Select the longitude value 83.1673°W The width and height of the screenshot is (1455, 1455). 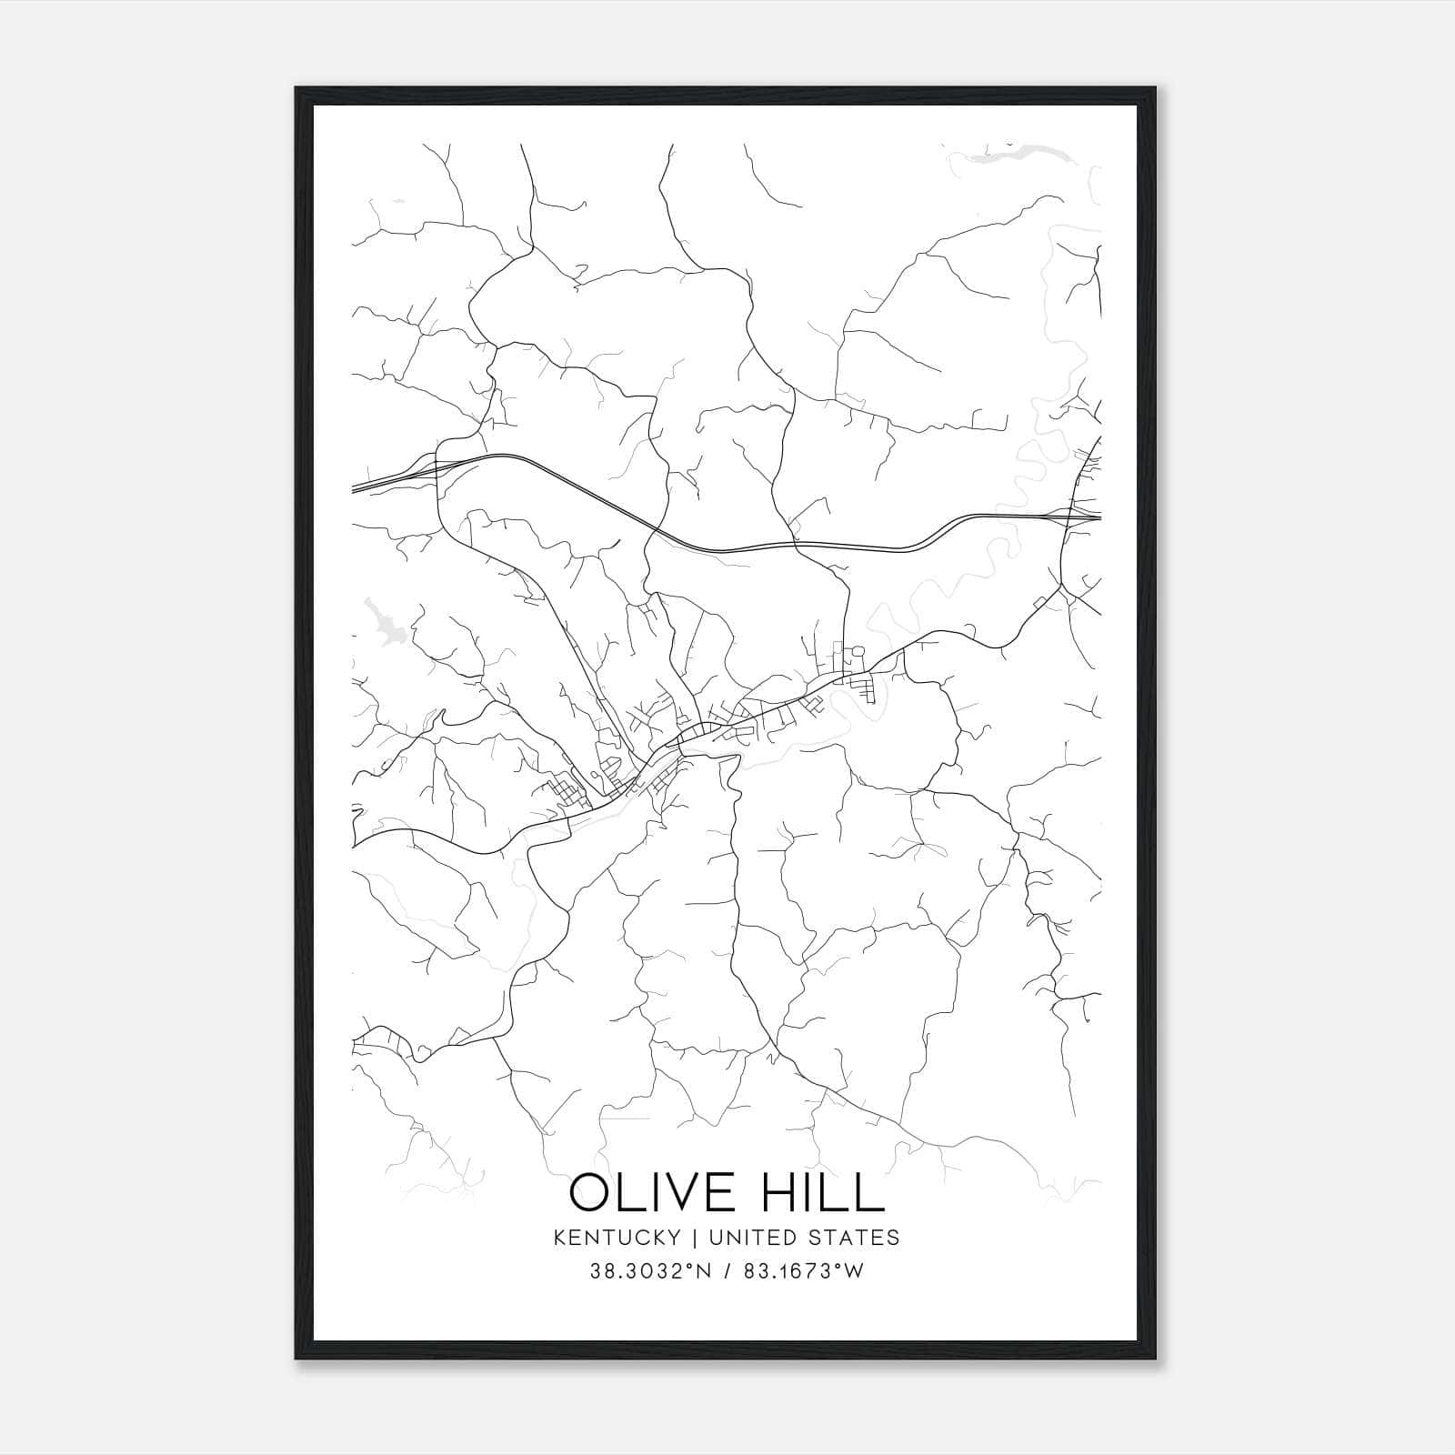click(x=802, y=1271)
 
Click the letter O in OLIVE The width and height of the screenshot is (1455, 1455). click(x=591, y=1192)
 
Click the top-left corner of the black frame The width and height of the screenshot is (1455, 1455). click(x=296, y=89)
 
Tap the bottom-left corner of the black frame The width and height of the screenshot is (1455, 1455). click(x=296, y=1359)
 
